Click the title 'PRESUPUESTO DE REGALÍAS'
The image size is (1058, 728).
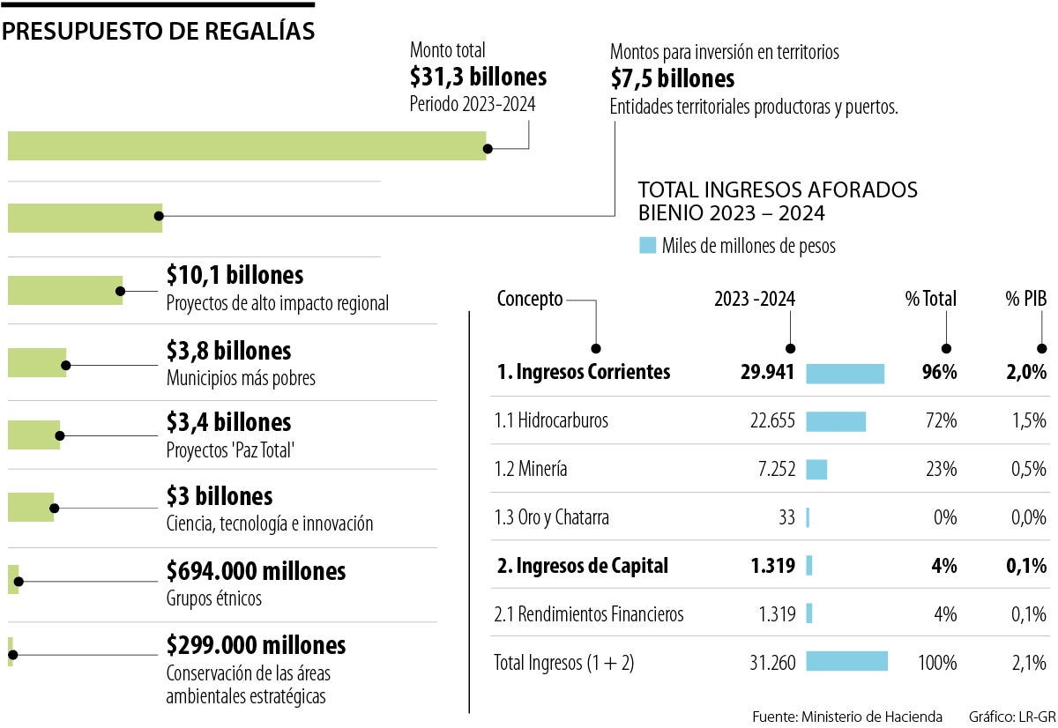pyautogui.click(x=159, y=32)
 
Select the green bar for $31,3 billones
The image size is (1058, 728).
pyautogui.click(x=247, y=145)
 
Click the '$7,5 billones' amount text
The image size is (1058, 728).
pyautogui.click(x=672, y=79)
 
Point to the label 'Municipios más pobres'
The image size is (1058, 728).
pyautogui.click(x=241, y=378)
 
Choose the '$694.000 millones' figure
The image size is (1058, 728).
pyautogui.click(x=256, y=571)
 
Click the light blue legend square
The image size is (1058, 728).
pyautogui.click(x=647, y=246)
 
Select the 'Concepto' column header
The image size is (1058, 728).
pyautogui.click(x=529, y=299)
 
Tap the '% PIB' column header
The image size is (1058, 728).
pyautogui.click(x=1025, y=299)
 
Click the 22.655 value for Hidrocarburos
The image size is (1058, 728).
pyautogui.click(x=771, y=420)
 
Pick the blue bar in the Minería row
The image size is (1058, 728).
pyautogui.click(x=816, y=469)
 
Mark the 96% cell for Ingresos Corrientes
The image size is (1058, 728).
pyautogui.click(x=939, y=372)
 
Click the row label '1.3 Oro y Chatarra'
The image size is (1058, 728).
pyautogui.click(x=551, y=517)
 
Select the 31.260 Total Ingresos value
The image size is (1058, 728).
pyautogui.click(x=771, y=662)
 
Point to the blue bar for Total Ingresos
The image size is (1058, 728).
pyautogui.click(x=846, y=662)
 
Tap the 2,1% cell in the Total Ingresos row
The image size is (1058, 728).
pyautogui.click(x=1029, y=662)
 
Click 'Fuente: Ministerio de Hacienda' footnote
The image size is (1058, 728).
pyautogui.click(x=846, y=716)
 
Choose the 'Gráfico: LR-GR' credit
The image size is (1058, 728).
pyautogui.click(x=1007, y=716)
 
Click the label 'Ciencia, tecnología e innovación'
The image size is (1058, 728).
pyautogui.click(x=269, y=524)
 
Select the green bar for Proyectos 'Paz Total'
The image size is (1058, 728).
pyautogui.click(x=34, y=435)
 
